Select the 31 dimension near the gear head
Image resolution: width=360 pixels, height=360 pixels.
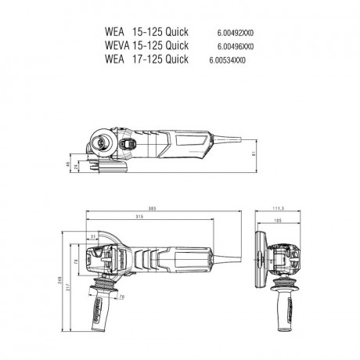pos(93,236)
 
